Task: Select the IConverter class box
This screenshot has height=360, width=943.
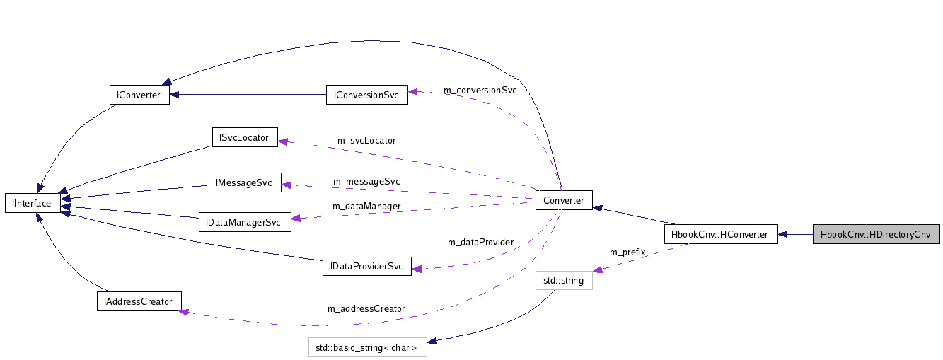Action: click(x=139, y=95)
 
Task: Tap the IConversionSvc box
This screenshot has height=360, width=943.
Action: click(x=366, y=95)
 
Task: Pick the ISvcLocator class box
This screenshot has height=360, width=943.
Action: click(x=244, y=137)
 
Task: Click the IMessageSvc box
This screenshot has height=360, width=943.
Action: click(x=244, y=182)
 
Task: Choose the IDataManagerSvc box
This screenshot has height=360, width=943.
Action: click(x=243, y=222)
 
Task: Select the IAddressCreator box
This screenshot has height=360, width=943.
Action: click(x=139, y=301)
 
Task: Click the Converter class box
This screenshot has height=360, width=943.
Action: click(x=563, y=201)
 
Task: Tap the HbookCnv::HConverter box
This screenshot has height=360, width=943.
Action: click(x=720, y=234)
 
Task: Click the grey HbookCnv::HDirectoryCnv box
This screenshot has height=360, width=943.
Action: click(x=876, y=234)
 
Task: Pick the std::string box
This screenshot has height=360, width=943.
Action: click(x=563, y=281)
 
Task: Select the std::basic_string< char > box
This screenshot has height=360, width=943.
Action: click(x=367, y=348)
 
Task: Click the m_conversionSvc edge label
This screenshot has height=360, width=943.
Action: click(x=480, y=91)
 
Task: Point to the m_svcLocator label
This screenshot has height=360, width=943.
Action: click(x=366, y=141)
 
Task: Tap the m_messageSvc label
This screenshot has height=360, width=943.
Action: click(x=366, y=182)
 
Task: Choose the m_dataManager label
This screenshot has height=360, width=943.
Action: click(x=366, y=207)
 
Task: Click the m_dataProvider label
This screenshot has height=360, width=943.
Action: click(x=480, y=243)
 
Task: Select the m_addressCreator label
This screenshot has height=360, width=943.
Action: click(x=366, y=309)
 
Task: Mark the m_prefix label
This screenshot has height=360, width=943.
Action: click(x=627, y=252)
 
